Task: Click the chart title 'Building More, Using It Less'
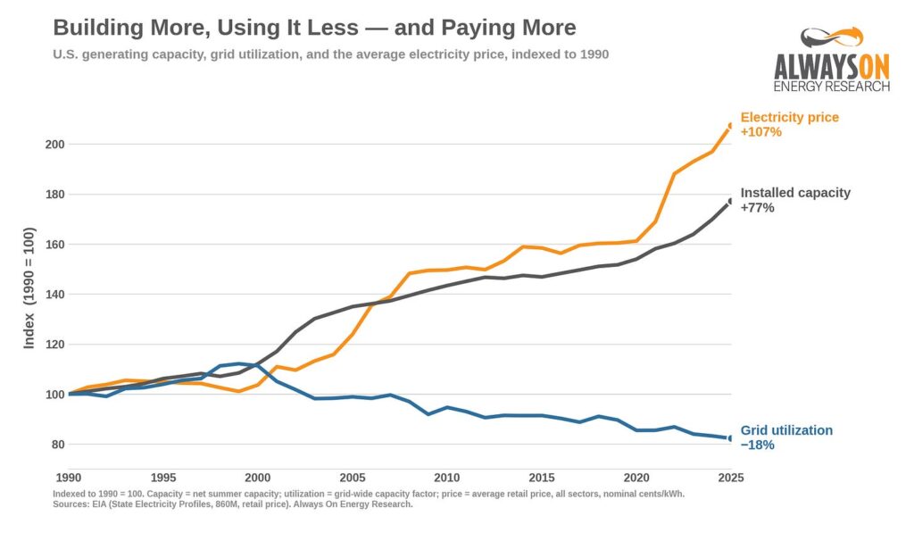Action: click(x=206, y=28)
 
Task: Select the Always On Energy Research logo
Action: click(x=832, y=59)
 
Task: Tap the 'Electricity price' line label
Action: click(x=789, y=117)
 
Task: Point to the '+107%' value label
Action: click(x=760, y=132)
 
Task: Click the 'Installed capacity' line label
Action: click(x=795, y=193)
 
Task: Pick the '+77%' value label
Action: click(x=757, y=208)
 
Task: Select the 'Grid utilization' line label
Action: click(x=786, y=430)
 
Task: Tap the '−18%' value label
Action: click(x=757, y=445)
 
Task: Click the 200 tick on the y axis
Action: click(x=54, y=144)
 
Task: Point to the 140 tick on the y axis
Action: click(x=54, y=295)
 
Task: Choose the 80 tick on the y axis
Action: click(x=58, y=445)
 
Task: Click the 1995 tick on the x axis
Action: click(x=163, y=478)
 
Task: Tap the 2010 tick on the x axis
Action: click(x=447, y=478)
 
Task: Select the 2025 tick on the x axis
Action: click(x=731, y=478)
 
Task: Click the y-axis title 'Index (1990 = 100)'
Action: click(x=29, y=288)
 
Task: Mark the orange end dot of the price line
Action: click(x=730, y=126)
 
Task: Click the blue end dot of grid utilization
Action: click(x=730, y=438)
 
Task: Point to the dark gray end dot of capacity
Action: click(x=730, y=201)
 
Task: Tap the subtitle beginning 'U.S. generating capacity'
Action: click(x=330, y=54)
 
